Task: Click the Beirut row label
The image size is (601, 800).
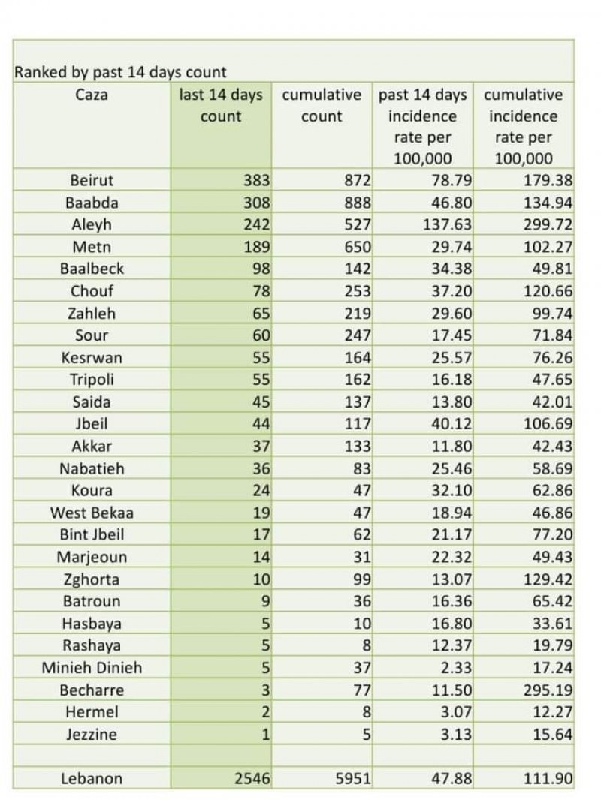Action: [x=92, y=180]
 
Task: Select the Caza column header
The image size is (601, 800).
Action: [x=92, y=95]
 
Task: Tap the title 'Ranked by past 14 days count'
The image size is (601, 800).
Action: [x=120, y=72]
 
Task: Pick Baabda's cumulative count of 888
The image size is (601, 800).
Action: [x=358, y=203]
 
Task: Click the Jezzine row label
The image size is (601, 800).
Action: [x=92, y=735]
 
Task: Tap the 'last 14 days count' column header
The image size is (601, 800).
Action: [x=221, y=105]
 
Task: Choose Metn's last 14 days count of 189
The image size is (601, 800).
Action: [x=255, y=247]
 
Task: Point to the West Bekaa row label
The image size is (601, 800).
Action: [x=92, y=513]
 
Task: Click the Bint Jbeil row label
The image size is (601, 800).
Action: [x=92, y=535]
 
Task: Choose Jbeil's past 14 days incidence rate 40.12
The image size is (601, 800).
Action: [x=451, y=424]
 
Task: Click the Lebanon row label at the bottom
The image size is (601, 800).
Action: [x=92, y=779]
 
